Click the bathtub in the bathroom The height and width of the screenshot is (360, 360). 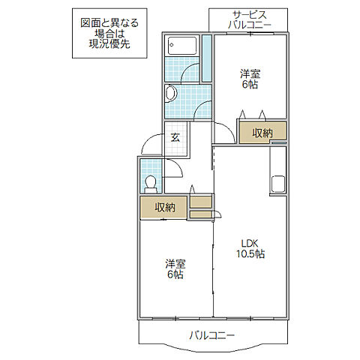[181, 45]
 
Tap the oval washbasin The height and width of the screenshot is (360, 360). [171, 94]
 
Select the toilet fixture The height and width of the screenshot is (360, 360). [151, 182]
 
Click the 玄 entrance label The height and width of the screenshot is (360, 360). [175, 137]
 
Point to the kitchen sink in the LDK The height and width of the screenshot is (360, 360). [277, 184]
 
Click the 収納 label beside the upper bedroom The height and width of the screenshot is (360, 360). [262, 133]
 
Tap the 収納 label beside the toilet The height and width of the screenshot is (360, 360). [165, 208]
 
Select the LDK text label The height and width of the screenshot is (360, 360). [249, 242]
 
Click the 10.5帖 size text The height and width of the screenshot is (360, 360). [249, 253]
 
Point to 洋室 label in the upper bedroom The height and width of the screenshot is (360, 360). [250, 73]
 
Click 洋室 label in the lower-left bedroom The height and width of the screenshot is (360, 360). [175, 264]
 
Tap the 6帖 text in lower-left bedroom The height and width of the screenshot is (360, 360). [175, 275]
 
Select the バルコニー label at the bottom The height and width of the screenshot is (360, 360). [212, 334]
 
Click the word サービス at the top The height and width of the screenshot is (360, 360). [249, 15]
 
